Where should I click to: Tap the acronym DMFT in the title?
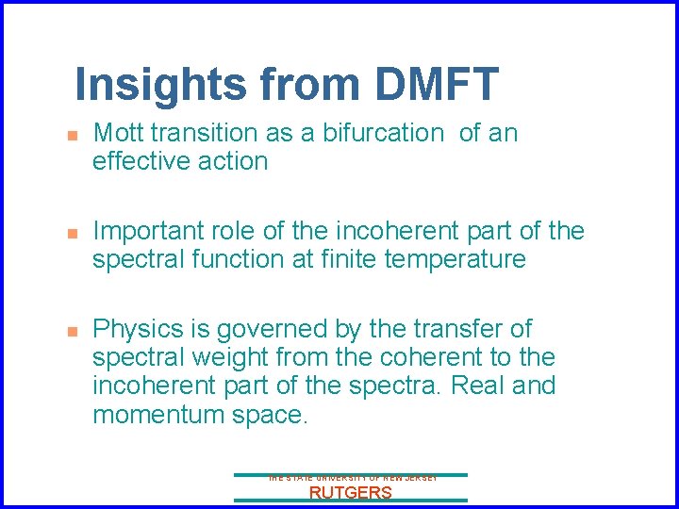[436, 84]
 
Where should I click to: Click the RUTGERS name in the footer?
[351, 493]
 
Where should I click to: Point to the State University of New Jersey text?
[351, 479]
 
